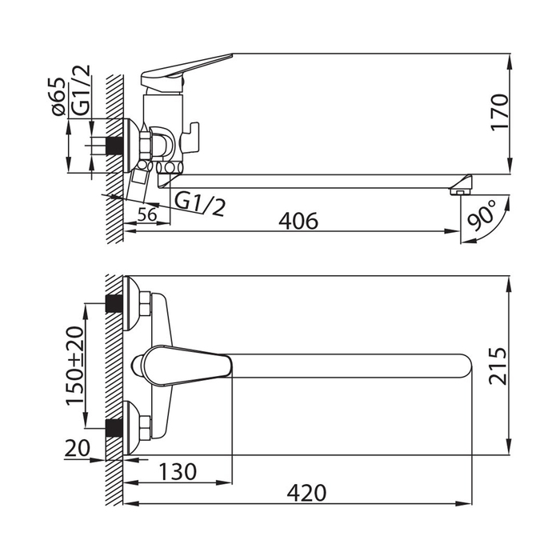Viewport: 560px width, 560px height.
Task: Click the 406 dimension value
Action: point(298,221)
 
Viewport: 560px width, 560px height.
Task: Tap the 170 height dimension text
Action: point(498,113)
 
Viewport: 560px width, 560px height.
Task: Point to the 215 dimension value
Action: point(498,366)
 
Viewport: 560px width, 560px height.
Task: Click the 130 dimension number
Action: point(178,471)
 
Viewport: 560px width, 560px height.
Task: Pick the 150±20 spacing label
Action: point(75,366)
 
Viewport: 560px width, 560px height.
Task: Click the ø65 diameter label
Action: point(58,97)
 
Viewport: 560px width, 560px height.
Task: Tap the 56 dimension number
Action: point(147,214)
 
